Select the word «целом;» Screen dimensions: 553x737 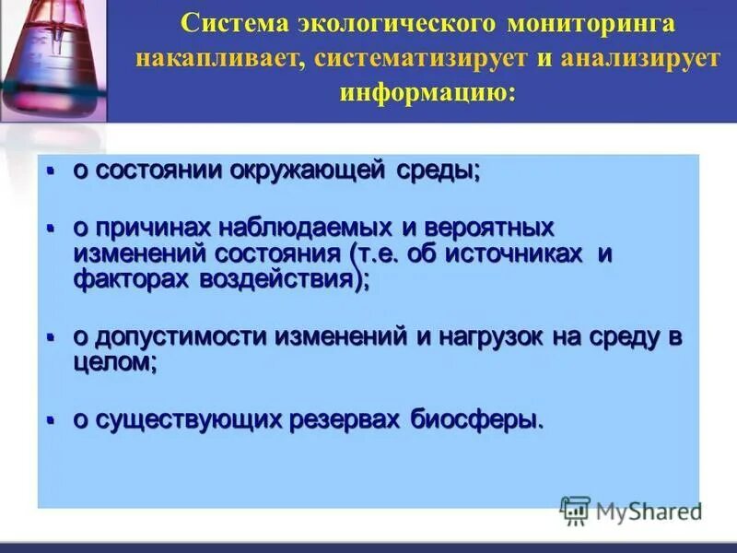pos(115,363)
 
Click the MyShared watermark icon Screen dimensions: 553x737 pos(575,509)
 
